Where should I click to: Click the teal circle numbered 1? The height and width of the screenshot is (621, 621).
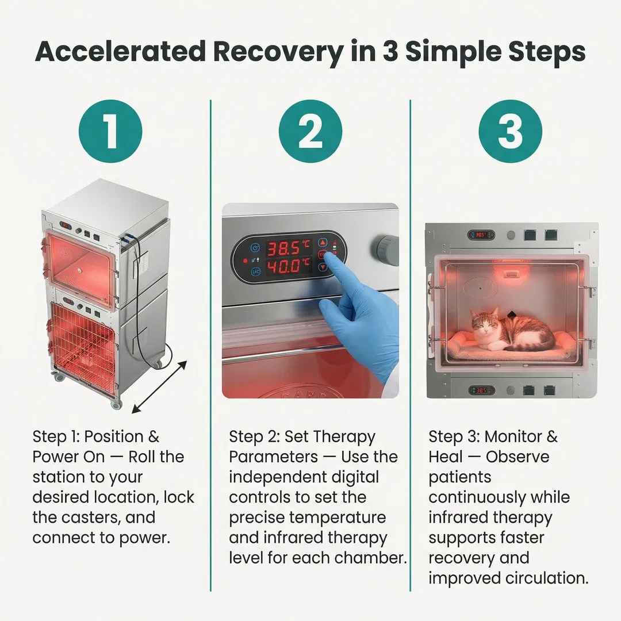110,131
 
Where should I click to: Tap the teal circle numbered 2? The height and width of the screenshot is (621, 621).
310,131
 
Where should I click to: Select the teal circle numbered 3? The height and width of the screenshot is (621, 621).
510,131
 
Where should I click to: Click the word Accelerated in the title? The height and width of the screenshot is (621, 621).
120,52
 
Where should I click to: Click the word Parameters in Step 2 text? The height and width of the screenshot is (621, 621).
273,457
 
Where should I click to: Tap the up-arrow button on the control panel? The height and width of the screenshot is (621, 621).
323,243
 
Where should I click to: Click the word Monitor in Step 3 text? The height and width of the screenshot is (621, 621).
513,436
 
